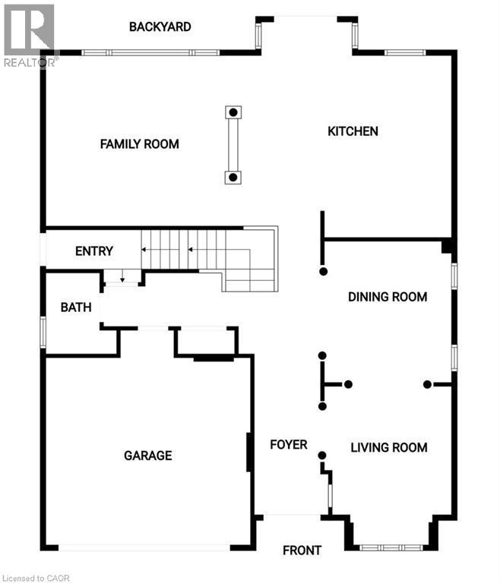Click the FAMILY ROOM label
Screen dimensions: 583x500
[x=139, y=143]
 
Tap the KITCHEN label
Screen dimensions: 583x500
[x=353, y=131]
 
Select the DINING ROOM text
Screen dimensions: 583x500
[x=388, y=297]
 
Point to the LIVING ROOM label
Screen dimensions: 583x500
[x=388, y=447]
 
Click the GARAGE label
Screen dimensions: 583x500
[x=148, y=455]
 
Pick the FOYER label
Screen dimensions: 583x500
[x=289, y=444]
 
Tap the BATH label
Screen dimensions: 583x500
[x=76, y=307]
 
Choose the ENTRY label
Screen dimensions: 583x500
[x=94, y=251]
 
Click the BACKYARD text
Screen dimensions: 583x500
[x=160, y=27]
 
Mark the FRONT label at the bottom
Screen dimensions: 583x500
[x=302, y=550]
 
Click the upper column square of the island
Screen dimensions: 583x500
[x=233, y=112]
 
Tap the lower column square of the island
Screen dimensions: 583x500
[x=233, y=178]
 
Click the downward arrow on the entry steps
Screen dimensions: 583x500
[x=122, y=278]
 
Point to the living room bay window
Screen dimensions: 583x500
[x=391, y=547]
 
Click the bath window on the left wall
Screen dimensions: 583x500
[x=43, y=332]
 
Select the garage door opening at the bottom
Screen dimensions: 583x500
[x=144, y=547]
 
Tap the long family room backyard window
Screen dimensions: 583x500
[x=150, y=52]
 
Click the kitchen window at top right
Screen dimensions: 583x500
[x=404, y=52]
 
